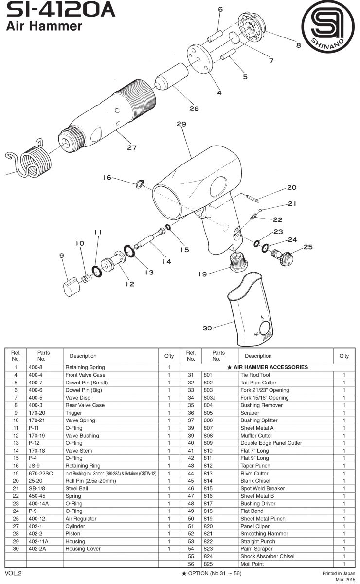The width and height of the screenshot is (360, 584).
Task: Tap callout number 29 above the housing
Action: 181,124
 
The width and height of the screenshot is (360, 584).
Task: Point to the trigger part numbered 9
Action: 71,287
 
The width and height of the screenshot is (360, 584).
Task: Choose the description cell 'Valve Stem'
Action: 79,451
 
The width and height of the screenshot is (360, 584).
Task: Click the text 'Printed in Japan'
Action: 339,573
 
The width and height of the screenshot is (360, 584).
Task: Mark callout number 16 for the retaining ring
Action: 107,178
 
